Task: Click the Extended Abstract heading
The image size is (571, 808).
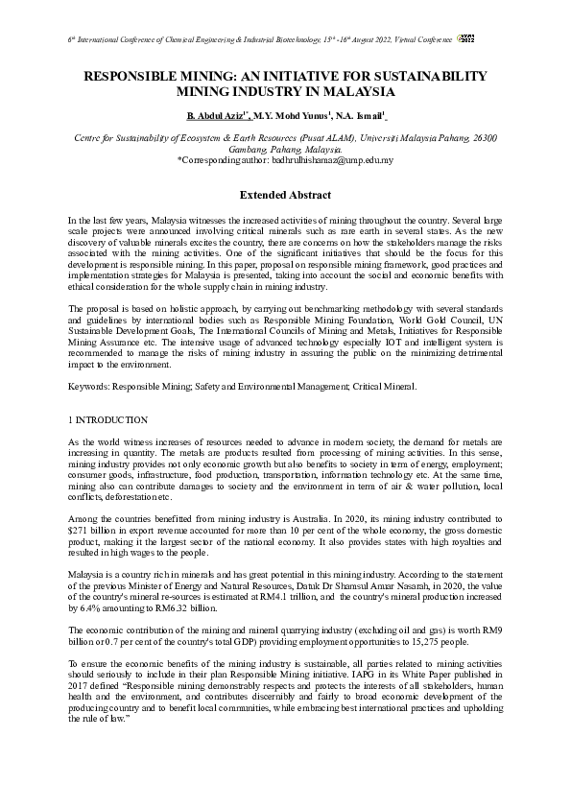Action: pos(285,195)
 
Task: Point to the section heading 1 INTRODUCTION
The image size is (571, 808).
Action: pos(108,420)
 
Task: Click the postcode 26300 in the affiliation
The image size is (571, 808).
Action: pos(481,138)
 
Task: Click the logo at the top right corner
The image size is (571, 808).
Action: pos(495,36)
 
